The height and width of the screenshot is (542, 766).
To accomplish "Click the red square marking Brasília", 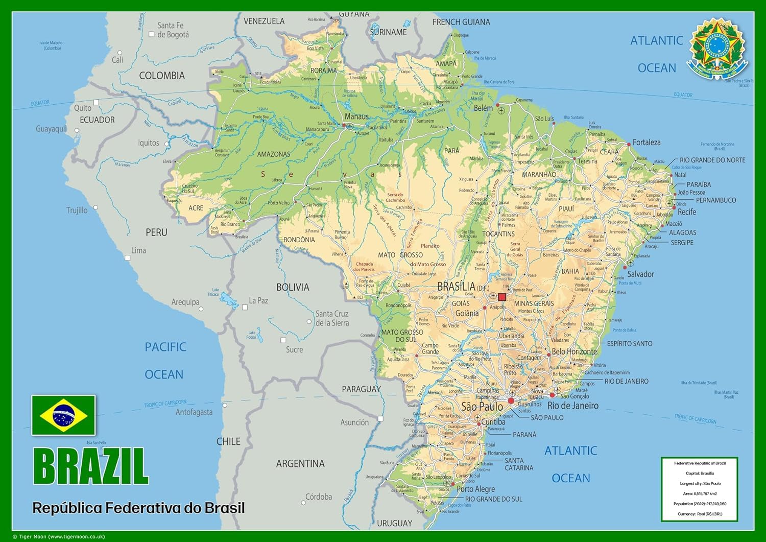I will (x=502, y=297).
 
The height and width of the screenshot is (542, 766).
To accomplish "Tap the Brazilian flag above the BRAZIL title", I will (x=63, y=415).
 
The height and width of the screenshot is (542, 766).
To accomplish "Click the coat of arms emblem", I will (x=717, y=49).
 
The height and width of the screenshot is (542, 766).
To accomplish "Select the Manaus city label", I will (x=356, y=116).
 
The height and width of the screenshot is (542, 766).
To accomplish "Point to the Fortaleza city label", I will (x=647, y=143).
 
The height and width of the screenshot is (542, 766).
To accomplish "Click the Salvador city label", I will (x=640, y=274).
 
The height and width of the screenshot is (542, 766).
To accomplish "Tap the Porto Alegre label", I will (x=475, y=489).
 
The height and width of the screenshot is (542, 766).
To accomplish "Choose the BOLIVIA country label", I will (x=293, y=287).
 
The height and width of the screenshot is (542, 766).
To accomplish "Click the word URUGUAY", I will (x=394, y=523).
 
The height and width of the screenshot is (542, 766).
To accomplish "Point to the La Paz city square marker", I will (x=245, y=308).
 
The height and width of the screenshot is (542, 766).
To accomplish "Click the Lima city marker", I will (x=128, y=258).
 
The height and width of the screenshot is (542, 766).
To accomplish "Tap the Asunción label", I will (x=354, y=422).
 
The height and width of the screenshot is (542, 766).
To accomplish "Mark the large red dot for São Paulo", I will (x=511, y=401).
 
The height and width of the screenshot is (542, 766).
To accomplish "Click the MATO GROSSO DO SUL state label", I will (x=402, y=336).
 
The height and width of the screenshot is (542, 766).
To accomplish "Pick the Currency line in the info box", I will (x=699, y=514).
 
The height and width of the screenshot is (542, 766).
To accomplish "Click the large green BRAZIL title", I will (x=90, y=466).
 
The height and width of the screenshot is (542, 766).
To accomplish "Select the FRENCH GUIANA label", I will (x=461, y=22).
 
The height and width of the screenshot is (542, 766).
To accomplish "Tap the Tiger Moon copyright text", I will (x=59, y=536).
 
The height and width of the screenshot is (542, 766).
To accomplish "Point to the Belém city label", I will (x=483, y=108).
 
